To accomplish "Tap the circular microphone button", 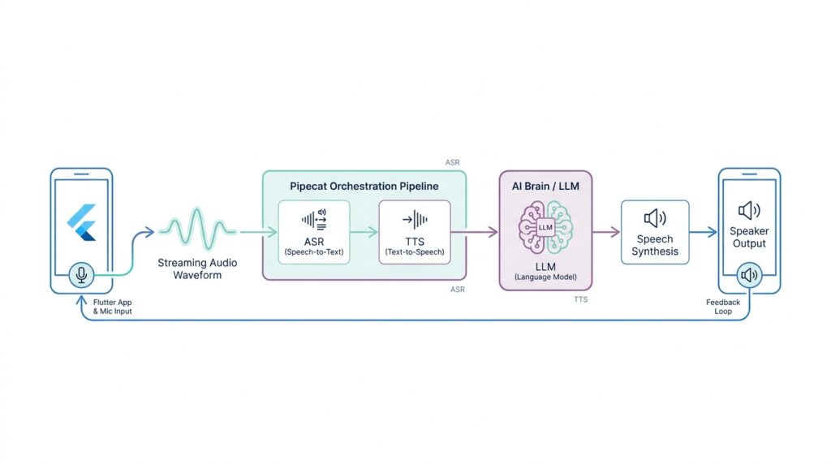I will pos(81,275).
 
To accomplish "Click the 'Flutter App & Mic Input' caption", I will pos(112,307).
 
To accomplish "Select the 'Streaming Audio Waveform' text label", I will pos(196,269).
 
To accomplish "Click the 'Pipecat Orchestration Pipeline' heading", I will pos(364,186).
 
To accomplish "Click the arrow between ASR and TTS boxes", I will pos(364,231).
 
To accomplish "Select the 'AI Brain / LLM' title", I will pos(545,186).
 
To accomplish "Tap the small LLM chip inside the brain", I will pos(545,227).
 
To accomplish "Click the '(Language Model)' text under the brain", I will pos(545,277).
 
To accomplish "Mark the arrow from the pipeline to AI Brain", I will pos(483,232).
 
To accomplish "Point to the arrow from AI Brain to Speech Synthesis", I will pos(606,232).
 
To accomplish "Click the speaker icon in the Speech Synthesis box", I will pos(654,217).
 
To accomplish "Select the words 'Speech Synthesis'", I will pos(654,246).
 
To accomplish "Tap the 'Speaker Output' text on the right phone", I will pos(749,237).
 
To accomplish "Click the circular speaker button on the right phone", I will pos(749,276).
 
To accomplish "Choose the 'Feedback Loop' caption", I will pos(723,307).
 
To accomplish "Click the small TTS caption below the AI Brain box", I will pos(580,299).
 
